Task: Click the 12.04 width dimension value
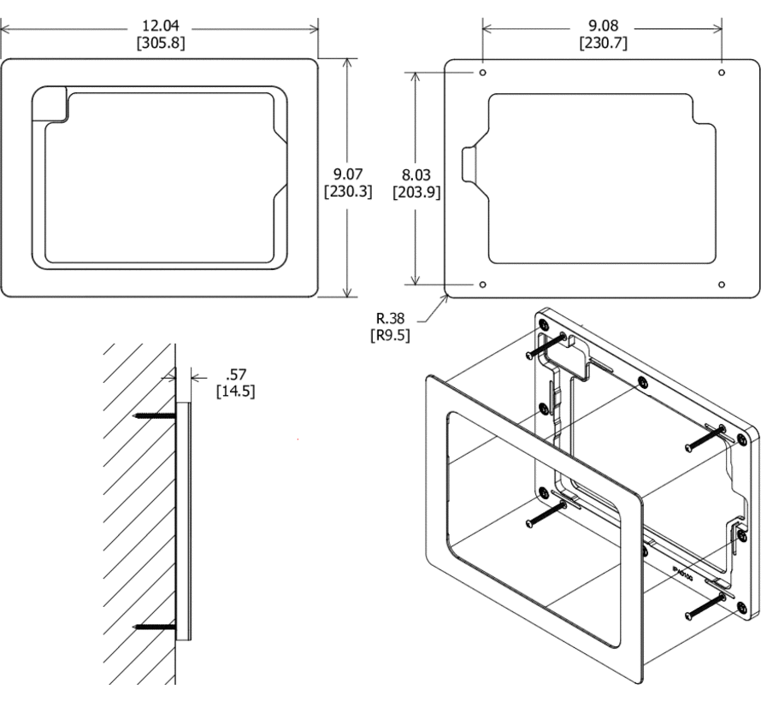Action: click(x=160, y=26)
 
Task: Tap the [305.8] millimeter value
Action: click(x=160, y=42)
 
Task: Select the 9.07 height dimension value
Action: click(x=348, y=175)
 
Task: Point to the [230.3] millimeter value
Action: click(x=348, y=192)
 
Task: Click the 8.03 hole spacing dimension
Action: click(x=416, y=175)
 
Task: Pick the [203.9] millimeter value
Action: click(x=416, y=192)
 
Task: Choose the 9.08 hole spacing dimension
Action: click(x=603, y=26)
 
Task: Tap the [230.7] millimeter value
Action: click(x=603, y=42)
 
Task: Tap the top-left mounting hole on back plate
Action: click(x=483, y=73)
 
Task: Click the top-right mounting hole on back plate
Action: click(x=722, y=73)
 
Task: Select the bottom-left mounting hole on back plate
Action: click(x=483, y=284)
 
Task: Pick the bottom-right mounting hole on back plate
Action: click(x=722, y=284)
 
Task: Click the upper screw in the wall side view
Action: click(x=155, y=416)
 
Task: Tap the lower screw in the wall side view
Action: click(x=155, y=627)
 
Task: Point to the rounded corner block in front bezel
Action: click(x=50, y=104)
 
